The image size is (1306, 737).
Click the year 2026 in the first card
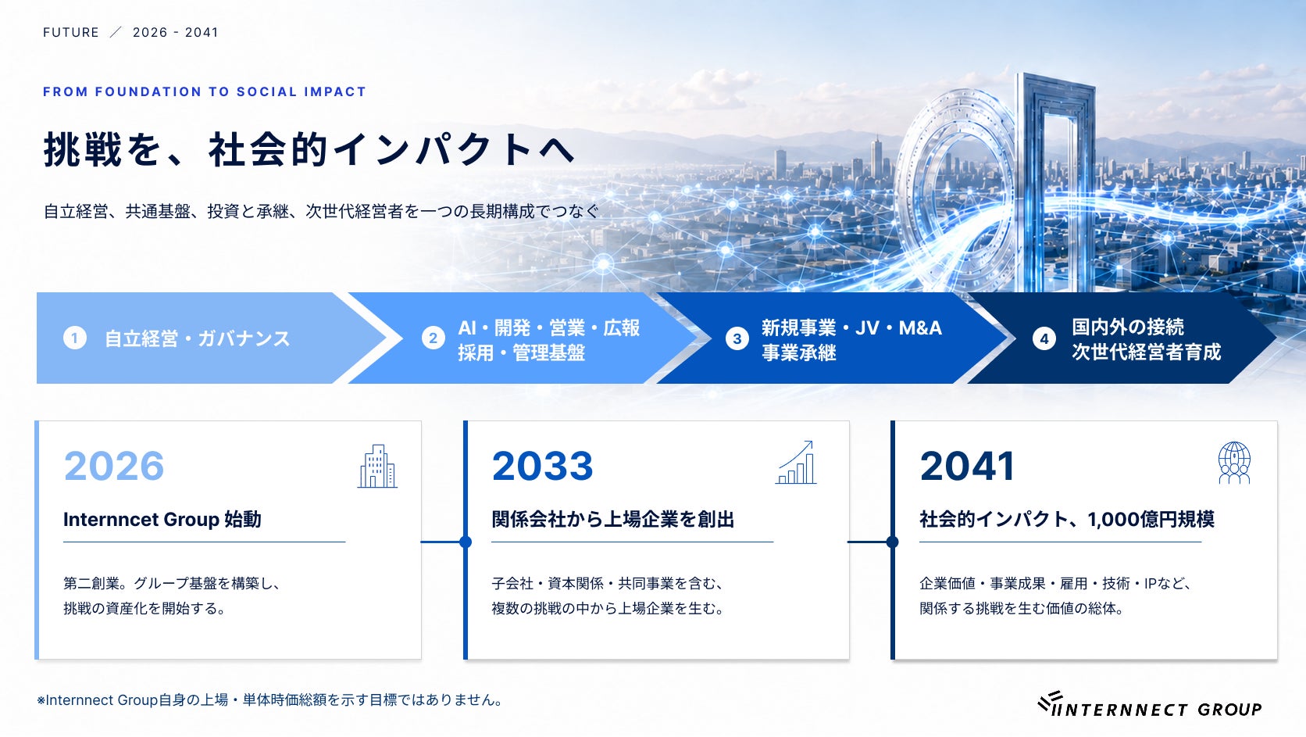(114, 466)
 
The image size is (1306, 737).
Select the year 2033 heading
(542, 466)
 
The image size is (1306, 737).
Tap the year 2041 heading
(967, 466)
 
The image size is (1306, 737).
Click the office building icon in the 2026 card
(377, 466)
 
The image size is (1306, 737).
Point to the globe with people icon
(1234, 463)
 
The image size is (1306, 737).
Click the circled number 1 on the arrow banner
(75, 338)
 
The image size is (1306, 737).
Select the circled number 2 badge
(434, 338)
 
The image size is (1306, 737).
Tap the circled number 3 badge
(737, 339)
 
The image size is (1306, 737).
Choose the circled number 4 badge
(1044, 339)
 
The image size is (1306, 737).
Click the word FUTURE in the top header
(71, 33)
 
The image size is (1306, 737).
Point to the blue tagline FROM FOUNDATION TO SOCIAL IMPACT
(204, 91)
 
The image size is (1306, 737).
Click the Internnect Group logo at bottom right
(1149, 704)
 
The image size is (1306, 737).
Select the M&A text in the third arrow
(920, 328)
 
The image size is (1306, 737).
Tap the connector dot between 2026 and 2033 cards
(466, 542)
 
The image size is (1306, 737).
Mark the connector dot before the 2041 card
(892, 542)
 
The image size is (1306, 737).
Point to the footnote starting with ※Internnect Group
(270, 699)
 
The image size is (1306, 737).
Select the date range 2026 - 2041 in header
(175, 33)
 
